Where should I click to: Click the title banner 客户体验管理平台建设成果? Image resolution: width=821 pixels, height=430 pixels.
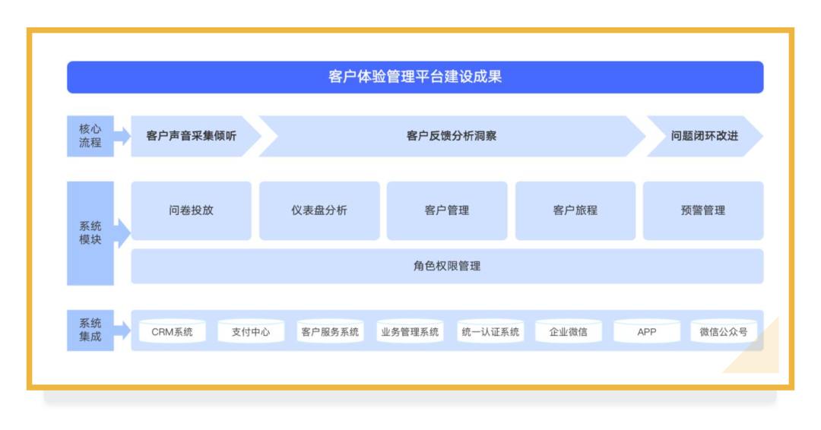click(415, 77)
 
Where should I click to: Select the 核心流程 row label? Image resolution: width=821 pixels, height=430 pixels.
click(90, 136)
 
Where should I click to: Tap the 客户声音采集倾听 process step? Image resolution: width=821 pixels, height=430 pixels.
click(192, 136)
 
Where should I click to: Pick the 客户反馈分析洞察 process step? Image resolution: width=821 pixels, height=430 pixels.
click(452, 136)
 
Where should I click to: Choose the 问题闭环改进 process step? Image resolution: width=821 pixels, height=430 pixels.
click(704, 136)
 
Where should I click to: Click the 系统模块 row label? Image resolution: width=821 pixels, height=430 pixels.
click(90, 233)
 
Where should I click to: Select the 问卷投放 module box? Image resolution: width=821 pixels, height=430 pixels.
click(191, 210)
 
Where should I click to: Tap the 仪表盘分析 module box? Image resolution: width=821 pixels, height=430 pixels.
click(319, 210)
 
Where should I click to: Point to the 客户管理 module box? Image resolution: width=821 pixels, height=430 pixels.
click(447, 210)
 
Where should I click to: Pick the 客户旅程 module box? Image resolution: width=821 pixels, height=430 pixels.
click(575, 210)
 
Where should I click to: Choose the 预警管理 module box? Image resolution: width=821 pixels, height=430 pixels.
click(703, 210)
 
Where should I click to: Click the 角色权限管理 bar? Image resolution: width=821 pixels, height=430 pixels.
click(447, 266)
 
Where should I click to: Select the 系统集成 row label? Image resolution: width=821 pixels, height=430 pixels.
click(90, 330)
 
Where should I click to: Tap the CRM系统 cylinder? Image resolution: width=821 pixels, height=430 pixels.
click(173, 331)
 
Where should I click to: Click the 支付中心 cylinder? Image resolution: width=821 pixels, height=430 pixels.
click(251, 331)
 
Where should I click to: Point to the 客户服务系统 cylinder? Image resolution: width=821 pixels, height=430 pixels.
click(330, 331)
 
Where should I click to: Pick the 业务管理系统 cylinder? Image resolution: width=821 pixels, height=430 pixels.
click(410, 331)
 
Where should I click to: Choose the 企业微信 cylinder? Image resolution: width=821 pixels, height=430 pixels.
click(568, 331)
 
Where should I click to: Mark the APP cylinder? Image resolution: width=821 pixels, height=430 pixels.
click(647, 331)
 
